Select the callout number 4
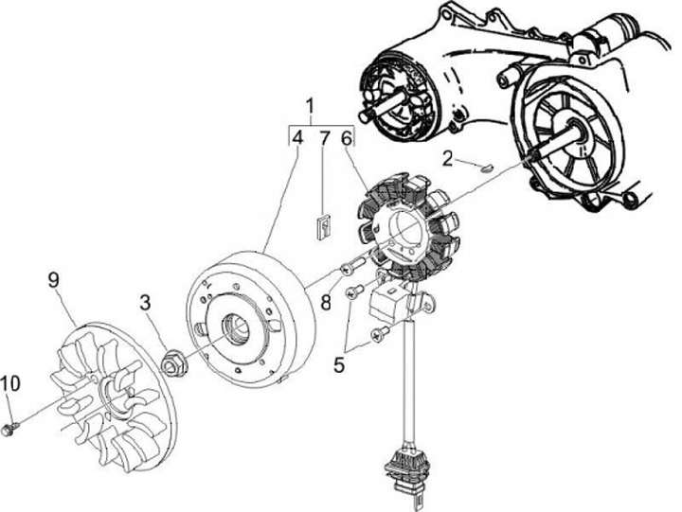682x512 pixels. pos(297,139)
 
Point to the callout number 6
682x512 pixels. pos(347,139)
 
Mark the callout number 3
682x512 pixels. pos(146,302)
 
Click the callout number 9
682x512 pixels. pos(53,279)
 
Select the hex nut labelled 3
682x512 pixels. pos(173,361)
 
